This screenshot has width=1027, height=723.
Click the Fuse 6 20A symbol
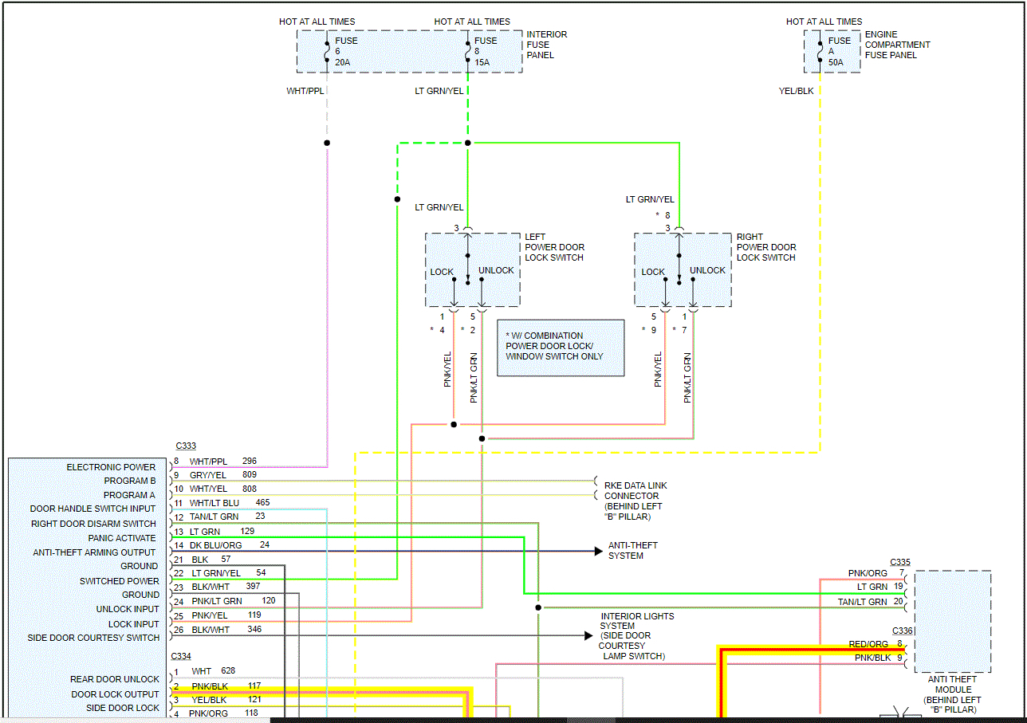click(x=327, y=51)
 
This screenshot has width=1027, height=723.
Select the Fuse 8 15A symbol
click(x=467, y=51)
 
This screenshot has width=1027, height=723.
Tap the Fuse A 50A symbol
click(x=820, y=51)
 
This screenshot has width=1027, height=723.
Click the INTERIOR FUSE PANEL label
click(x=546, y=45)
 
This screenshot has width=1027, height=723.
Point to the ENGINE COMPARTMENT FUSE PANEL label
click(x=897, y=45)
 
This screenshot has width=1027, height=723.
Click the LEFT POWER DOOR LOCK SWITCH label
click(x=554, y=247)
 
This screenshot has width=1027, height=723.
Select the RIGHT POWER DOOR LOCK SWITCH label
click(x=766, y=247)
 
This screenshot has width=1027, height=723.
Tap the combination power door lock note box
click(x=561, y=348)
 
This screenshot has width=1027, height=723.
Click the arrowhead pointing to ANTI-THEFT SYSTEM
click(x=598, y=551)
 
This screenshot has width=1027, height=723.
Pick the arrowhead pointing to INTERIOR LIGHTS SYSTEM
click(x=588, y=636)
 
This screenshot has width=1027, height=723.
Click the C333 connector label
click(x=186, y=446)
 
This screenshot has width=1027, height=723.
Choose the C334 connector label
click(x=181, y=656)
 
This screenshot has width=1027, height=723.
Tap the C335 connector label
click(x=900, y=562)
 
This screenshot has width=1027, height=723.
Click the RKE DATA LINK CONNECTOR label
click(x=635, y=501)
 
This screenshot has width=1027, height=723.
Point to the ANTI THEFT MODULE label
click(x=952, y=694)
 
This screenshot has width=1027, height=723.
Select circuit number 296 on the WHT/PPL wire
click(x=250, y=461)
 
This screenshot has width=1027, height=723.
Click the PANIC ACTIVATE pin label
click(x=122, y=538)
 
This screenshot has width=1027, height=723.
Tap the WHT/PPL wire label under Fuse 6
click(x=305, y=91)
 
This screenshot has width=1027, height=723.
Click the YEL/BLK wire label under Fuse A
click(x=796, y=91)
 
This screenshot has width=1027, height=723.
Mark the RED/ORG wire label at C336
click(x=868, y=644)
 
